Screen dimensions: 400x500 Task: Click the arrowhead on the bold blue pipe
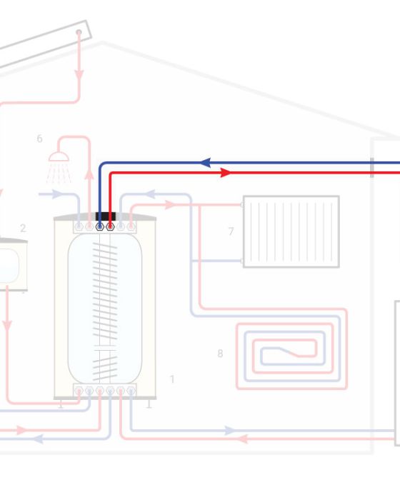pyautogui.click(x=206, y=163)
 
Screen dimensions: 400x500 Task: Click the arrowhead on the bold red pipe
pyautogui.click(x=226, y=173)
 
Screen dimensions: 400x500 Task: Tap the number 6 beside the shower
pyautogui.click(x=39, y=139)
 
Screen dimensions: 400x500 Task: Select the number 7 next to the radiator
pyautogui.click(x=231, y=231)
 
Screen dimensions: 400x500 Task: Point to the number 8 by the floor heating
pyautogui.click(x=220, y=354)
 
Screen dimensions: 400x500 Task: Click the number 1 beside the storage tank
pyautogui.click(x=172, y=379)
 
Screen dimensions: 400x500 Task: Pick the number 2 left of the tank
pyautogui.click(x=23, y=228)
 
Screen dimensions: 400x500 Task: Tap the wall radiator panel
pyautogui.click(x=291, y=232)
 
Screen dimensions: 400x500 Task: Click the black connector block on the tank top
pyautogui.click(x=106, y=216)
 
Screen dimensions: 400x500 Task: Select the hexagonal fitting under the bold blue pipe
pyautogui.click(x=100, y=226)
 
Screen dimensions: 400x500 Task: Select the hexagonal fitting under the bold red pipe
pyautogui.click(x=110, y=226)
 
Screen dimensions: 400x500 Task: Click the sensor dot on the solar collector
pyautogui.click(x=79, y=32)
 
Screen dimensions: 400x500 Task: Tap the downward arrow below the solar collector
pyautogui.click(x=79, y=76)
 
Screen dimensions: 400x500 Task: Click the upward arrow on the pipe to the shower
pyautogui.click(x=89, y=175)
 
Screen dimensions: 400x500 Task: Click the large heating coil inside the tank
pyautogui.click(x=105, y=291)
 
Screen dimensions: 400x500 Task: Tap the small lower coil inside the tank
pyautogui.click(x=105, y=369)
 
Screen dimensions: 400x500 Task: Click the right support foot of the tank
pyautogui.click(x=149, y=404)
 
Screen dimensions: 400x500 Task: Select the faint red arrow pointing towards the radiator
pyautogui.click(x=170, y=205)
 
